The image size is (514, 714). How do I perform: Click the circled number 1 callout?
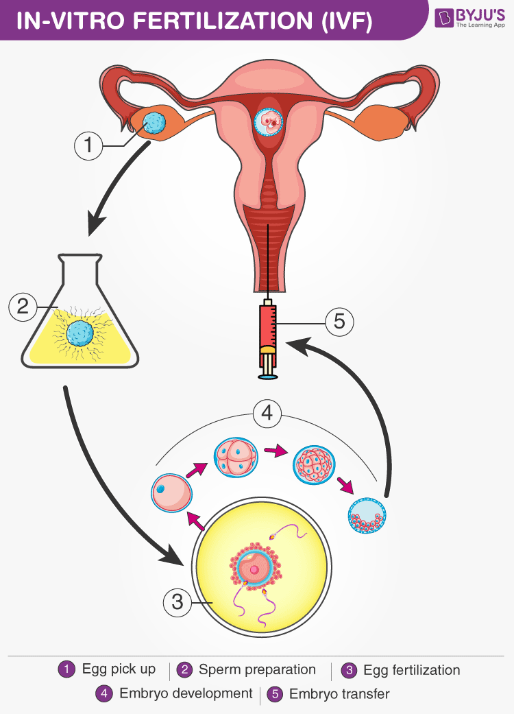pos(88,146)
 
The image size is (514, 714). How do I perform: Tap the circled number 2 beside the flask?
pos(23,306)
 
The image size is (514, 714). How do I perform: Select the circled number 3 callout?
pos(178,602)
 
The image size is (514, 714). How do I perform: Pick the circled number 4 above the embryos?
pos(267,414)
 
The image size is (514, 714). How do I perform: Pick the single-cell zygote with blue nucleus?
pos(171,493)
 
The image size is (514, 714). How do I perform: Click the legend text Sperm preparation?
pos(257,669)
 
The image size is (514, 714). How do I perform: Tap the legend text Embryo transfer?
pos(339,694)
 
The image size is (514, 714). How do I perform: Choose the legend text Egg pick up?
pos(119,669)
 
